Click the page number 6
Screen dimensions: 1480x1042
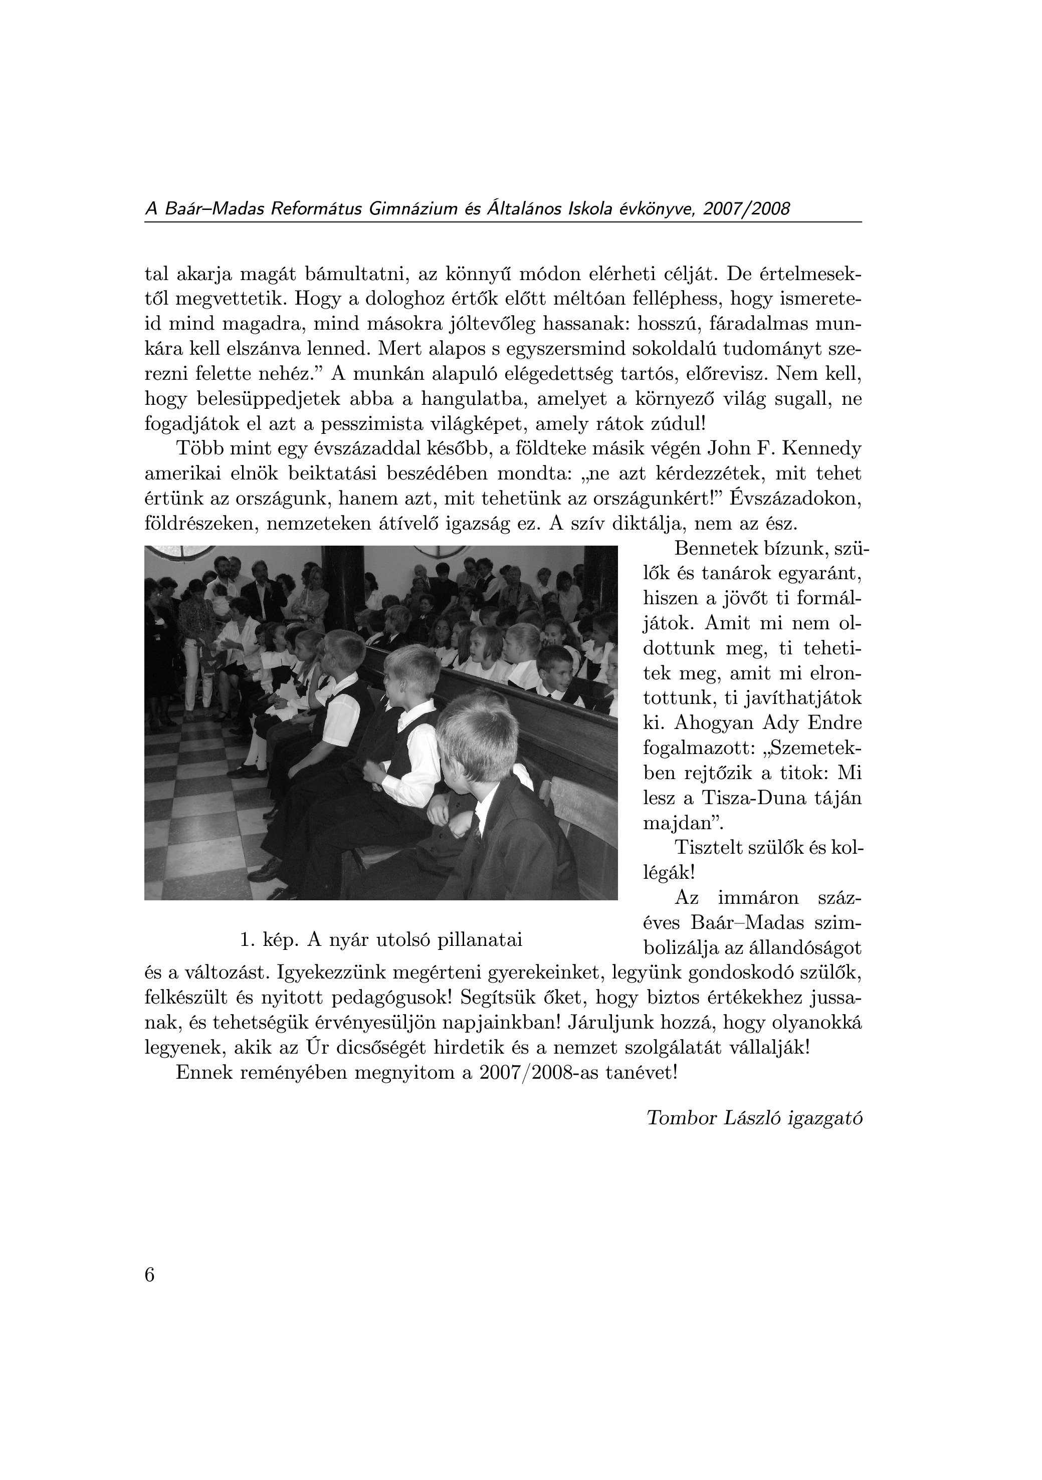(149, 1275)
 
